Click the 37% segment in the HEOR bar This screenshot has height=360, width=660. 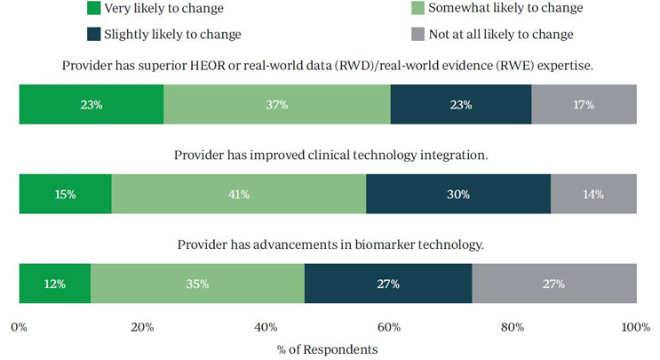[x=276, y=105]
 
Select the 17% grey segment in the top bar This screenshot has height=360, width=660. [x=584, y=105]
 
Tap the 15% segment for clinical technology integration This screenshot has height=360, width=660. [x=66, y=195]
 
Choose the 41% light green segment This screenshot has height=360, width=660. [x=239, y=195]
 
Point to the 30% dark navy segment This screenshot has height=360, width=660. [x=458, y=195]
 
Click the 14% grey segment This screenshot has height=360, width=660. [x=593, y=195]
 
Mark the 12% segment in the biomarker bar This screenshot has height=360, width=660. [x=55, y=284]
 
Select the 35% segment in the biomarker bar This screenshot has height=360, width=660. [x=197, y=284]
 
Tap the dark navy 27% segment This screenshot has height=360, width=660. [x=387, y=284]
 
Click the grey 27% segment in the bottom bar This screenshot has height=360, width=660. [x=554, y=284]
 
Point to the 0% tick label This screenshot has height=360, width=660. [x=19, y=328]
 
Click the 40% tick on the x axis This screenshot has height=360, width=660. [x=266, y=328]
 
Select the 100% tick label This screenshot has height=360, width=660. [x=636, y=328]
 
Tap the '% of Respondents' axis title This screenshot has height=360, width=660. [x=327, y=349]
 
